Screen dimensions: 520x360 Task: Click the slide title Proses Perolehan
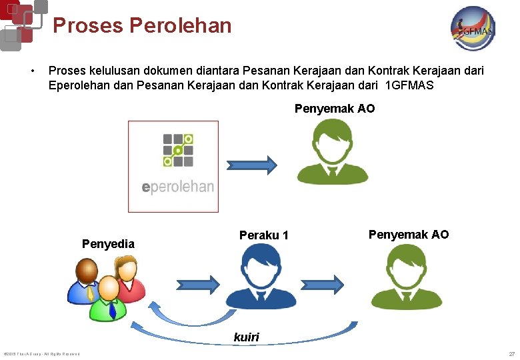tap(142, 25)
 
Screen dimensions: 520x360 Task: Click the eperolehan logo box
tap(173, 166)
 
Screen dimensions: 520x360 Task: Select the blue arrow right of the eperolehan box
tap(251, 165)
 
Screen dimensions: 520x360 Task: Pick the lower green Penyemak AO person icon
tap(406, 277)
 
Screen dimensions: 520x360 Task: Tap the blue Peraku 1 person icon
tap(260, 277)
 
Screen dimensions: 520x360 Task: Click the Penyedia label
tap(108, 244)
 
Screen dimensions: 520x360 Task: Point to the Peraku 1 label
tap(264, 235)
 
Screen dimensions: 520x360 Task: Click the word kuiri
tap(246, 337)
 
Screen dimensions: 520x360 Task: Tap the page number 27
tap(511, 353)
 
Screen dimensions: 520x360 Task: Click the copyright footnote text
tap(42, 353)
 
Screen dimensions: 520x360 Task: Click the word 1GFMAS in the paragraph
tap(409, 85)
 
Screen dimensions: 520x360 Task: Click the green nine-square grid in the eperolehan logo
tap(178, 150)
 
